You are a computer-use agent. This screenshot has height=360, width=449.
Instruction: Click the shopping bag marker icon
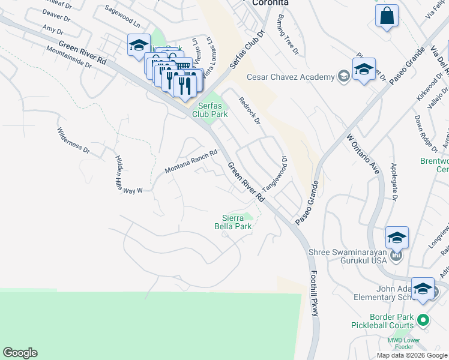(x=387, y=16)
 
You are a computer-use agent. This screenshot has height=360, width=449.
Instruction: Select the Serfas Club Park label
(x=210, y=109)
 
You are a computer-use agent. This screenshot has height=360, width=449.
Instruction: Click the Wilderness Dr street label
(x=73, y=139)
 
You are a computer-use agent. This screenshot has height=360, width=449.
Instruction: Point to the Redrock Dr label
(x=249, y=111)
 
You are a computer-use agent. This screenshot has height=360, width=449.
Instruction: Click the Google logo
(x=20, y=353)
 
